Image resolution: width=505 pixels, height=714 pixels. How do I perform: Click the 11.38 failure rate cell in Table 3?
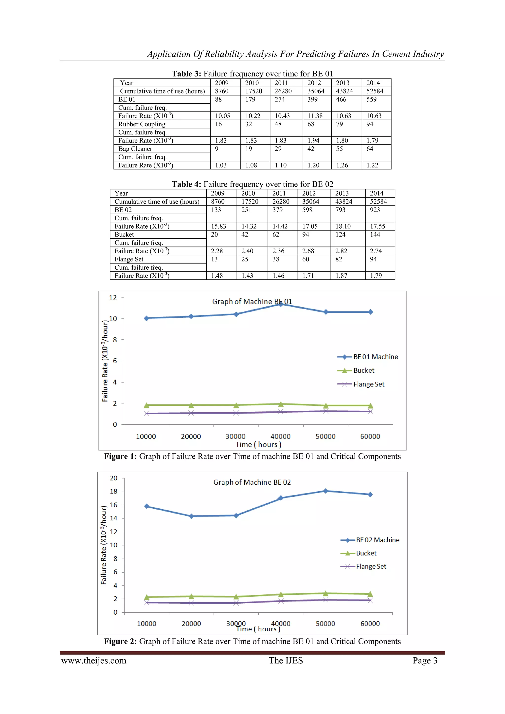tap(315, 116)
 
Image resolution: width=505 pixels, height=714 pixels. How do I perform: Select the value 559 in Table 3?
tap(371, 99)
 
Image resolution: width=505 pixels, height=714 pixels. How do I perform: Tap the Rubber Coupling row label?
tap(142, 124)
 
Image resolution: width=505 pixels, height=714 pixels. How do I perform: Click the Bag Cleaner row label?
tap(135, 149)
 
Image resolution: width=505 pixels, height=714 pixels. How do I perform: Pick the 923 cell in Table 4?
tap(375, 210)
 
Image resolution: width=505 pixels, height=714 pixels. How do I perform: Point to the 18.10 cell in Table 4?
tap(343, 226)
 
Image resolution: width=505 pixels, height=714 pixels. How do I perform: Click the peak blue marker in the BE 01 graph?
tap(280, 304)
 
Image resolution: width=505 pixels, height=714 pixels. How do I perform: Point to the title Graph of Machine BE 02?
tap(252, 482)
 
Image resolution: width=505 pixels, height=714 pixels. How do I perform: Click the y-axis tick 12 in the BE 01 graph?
tap(113, 298)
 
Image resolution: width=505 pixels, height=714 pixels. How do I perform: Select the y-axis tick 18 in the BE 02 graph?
tap(114, 491)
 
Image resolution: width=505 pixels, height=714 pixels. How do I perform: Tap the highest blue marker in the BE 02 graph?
tap(325, 491)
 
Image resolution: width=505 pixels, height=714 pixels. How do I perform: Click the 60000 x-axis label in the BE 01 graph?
tap(370, 436)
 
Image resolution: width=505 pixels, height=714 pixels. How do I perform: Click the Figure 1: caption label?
tap(120, 457)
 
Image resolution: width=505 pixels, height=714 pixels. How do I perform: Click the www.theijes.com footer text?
tap(94, 660)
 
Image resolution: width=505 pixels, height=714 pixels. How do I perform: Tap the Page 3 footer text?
tap(425, 660)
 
